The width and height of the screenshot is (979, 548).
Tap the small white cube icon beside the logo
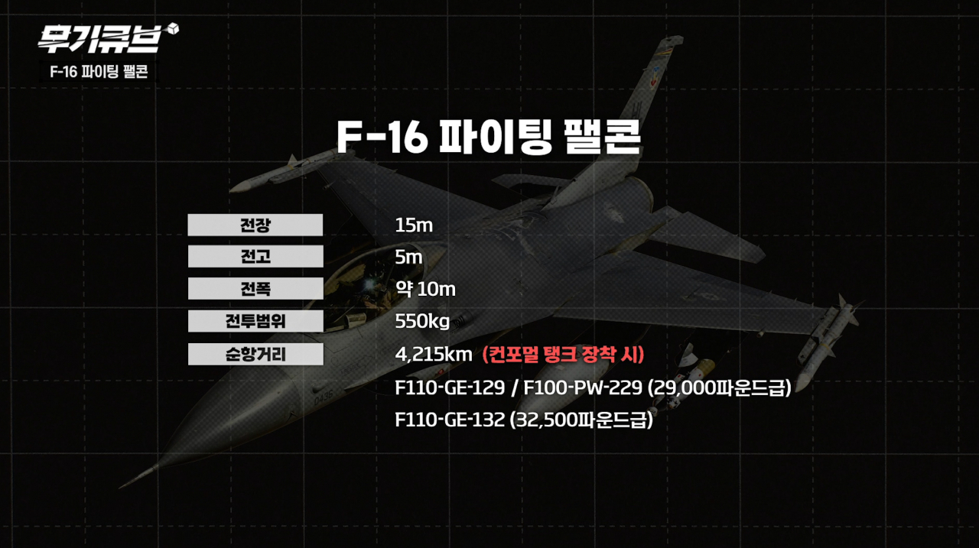(173, 28)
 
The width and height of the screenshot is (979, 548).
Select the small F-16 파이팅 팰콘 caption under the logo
(99, 72)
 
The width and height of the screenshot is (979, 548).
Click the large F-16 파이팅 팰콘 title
(489, 136)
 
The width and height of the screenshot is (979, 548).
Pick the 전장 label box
(255, 225)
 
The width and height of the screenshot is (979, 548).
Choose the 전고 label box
(255, 256)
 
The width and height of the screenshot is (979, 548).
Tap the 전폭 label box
(255, 288)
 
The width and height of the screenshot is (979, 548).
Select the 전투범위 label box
(255, 321)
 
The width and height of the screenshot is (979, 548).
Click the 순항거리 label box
(255, 354)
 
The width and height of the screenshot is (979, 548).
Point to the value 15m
(414, 225)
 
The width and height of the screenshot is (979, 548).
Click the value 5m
(408, 258)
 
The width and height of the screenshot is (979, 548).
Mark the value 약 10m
(425, 289)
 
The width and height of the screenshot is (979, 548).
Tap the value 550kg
(422, 322)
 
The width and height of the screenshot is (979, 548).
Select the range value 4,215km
(434, 355)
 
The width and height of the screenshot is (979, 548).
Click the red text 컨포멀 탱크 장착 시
(564, 355)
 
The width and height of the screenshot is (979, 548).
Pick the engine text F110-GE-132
(450, 420)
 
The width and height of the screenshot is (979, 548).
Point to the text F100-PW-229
(583, 387)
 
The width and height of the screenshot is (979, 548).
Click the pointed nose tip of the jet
(120, 487)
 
